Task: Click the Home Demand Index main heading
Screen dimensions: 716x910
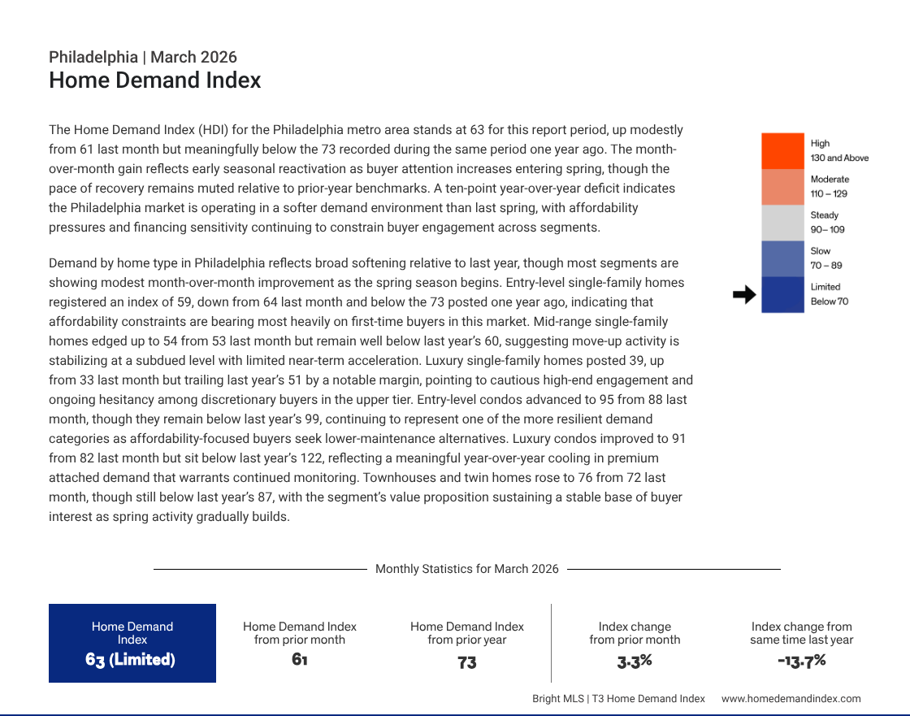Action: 154,80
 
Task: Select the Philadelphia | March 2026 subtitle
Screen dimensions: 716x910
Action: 143,57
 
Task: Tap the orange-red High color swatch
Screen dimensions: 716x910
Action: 782,151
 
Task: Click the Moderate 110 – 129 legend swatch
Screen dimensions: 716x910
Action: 782,187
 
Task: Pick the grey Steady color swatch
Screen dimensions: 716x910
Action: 782,223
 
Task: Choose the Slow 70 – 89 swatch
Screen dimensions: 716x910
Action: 782,258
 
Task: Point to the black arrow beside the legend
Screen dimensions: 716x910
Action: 743,295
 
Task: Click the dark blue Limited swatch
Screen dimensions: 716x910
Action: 782,294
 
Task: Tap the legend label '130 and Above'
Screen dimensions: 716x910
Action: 839,158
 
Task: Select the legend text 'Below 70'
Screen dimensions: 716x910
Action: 829,302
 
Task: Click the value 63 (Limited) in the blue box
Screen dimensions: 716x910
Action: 131,659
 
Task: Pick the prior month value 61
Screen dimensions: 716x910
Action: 299,659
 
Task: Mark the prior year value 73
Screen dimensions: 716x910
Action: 466,662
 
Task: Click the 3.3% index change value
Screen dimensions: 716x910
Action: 635,661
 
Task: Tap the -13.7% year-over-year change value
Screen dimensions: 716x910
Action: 801,660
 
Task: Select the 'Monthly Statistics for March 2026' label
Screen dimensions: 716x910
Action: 466,569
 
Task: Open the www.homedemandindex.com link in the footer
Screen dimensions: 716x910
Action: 791,698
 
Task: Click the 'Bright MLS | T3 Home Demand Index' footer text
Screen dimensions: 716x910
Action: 618,698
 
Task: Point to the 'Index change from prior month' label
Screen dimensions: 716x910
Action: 635,633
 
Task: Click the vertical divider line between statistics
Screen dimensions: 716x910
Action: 551,643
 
